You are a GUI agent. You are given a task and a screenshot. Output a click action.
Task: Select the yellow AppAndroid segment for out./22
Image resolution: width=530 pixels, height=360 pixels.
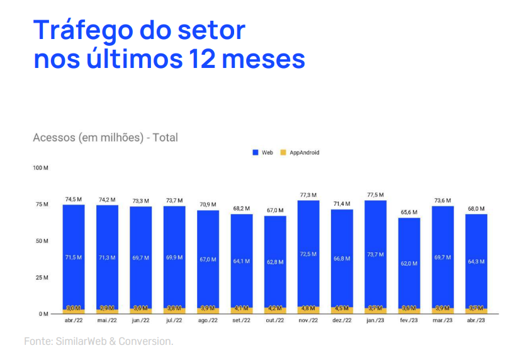(275, 310)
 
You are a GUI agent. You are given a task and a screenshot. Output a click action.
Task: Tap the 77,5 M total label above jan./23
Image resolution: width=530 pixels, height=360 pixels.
(375, 195)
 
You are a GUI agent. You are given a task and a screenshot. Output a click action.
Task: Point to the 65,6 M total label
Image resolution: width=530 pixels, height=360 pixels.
(409, 213)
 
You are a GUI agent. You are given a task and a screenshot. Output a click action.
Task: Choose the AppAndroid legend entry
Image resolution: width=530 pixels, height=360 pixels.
(300, 152)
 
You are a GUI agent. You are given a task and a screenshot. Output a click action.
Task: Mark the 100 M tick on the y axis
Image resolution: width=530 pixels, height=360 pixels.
(42, 168)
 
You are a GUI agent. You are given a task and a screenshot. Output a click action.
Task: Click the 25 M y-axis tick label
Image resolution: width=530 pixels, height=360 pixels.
(43, 278)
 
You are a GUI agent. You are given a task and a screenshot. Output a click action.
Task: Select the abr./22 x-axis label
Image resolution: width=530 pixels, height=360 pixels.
(73, 321)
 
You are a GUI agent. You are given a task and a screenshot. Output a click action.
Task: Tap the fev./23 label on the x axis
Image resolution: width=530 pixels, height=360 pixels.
(409, 321)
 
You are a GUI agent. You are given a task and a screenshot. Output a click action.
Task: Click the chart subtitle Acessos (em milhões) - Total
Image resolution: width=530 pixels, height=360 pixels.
(105, 137)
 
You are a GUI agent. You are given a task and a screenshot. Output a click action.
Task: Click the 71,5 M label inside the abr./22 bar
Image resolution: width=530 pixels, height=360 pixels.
(73, 257)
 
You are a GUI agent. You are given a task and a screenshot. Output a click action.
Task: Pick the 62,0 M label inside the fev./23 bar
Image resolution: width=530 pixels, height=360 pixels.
(409, 263)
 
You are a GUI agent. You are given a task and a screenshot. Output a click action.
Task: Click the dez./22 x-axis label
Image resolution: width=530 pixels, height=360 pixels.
(342, 321)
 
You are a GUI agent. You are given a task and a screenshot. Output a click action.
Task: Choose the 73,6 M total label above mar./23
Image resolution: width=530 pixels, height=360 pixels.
(443, 201)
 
